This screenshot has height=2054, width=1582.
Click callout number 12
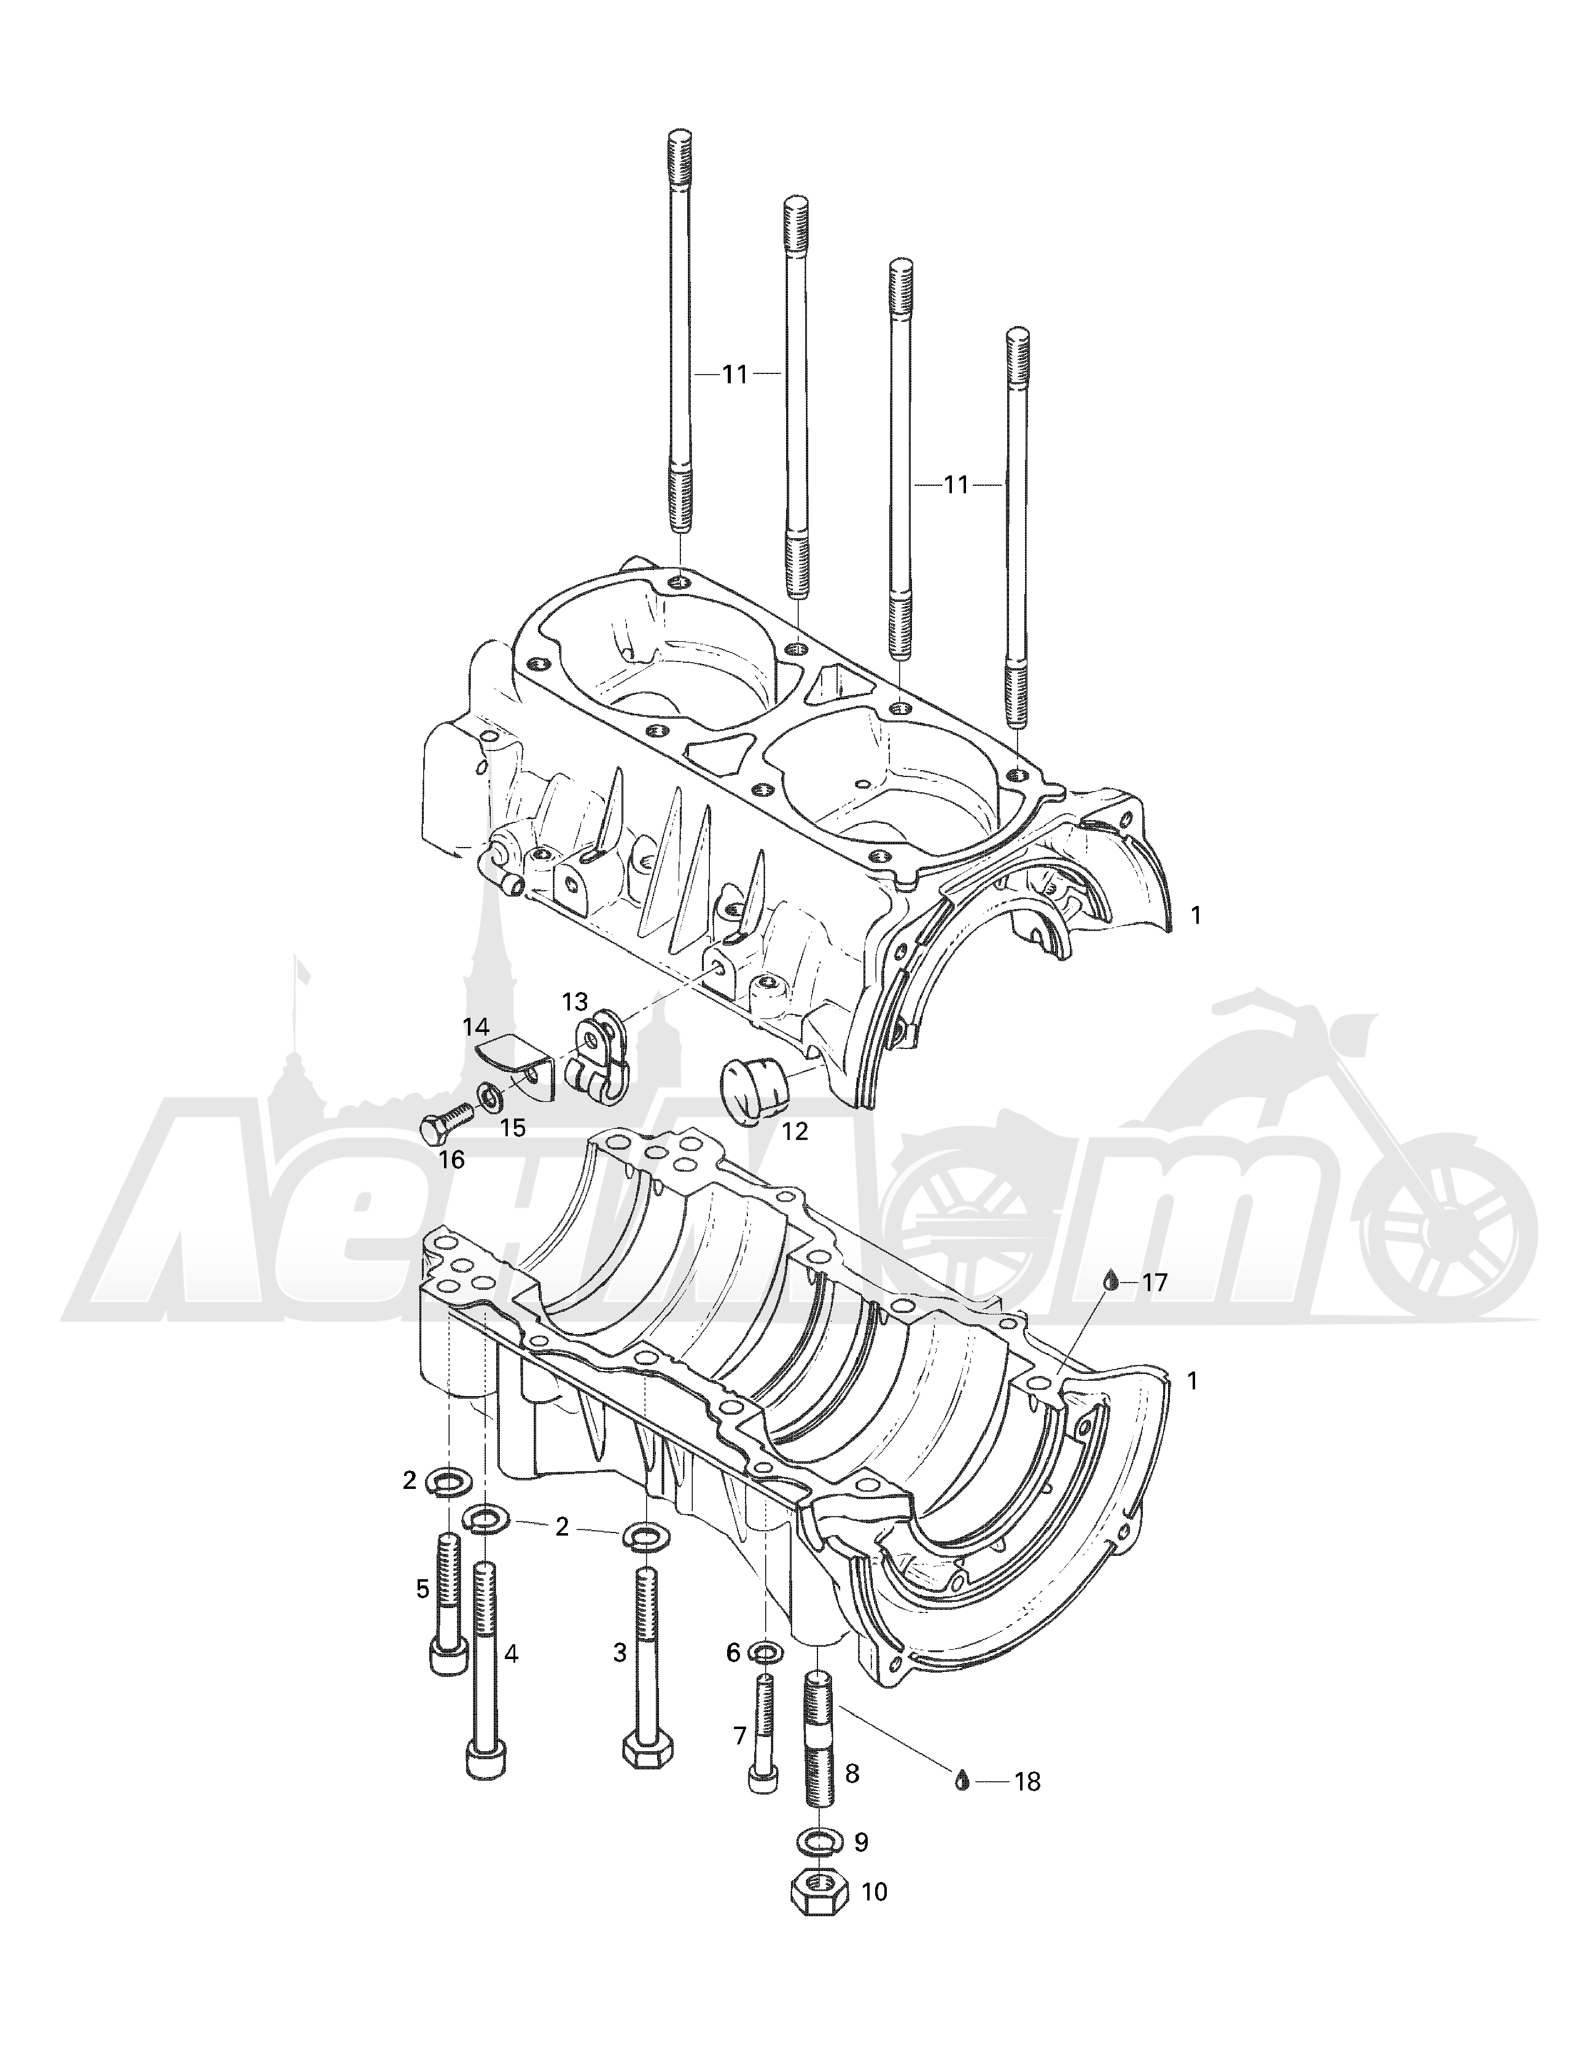pos(795,1131)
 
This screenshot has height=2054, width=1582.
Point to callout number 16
pos(451,1160)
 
